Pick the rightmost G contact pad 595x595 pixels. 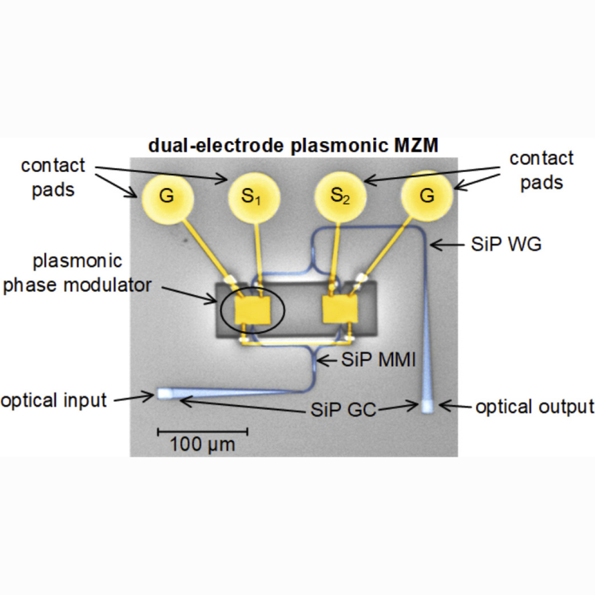click(x=427, y=197)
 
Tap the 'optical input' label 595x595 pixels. click(x=53, y=400)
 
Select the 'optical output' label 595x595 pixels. click(x=534, y=406)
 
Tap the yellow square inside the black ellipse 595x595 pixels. click(x=253, y=310)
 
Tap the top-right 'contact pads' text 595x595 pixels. click(x=541, y=170)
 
